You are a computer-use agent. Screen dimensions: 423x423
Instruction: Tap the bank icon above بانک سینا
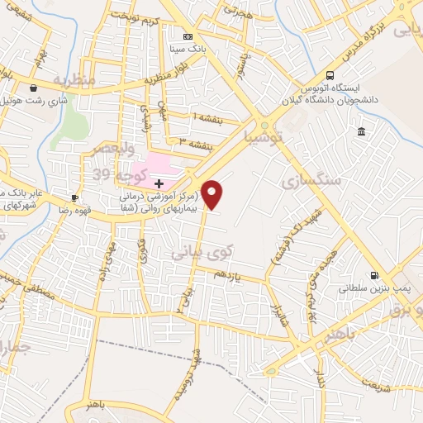188,36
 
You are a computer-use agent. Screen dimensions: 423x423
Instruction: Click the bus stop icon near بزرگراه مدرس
330,74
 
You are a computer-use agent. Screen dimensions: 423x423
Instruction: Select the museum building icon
362,132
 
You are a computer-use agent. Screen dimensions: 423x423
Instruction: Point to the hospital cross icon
158,182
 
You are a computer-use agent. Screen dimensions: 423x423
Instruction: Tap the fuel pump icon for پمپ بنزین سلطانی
376,276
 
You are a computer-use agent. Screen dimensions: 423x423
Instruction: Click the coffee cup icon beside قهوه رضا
74,197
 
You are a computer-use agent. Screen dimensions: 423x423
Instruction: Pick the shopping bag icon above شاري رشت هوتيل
32,88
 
